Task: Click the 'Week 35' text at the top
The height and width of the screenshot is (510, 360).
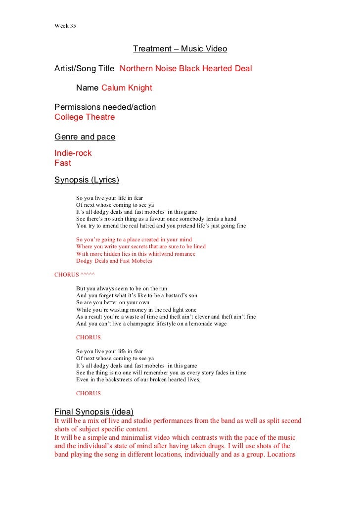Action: tap(65, 26)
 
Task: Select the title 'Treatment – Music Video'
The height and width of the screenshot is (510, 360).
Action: tap(180, 49)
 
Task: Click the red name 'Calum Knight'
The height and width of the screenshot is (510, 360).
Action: tap(127, 88)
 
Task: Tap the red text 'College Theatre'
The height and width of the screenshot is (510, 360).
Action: tap(85, 117)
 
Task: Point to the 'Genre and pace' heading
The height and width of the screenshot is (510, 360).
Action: tap(85, 137)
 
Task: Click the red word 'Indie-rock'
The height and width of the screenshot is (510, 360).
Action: tap(73, 153)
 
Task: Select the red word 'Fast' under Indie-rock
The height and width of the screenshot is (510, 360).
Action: tap(63, 163)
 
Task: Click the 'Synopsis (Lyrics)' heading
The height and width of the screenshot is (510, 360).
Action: tap(87, 180)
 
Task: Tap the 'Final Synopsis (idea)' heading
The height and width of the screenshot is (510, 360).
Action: tap(94, 411)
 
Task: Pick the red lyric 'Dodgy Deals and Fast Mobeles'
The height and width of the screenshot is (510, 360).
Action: tap(114, 261)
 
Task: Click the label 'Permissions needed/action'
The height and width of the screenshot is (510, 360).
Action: tap(105, 107)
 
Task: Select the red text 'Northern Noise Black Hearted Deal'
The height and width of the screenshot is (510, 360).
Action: tap(186, 68)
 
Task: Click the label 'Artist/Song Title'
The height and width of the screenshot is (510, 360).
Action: tap(85, 68)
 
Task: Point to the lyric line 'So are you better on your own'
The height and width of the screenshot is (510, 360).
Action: tap(113, 302)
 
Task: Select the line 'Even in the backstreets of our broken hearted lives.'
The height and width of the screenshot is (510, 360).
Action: tap(138, 379)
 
